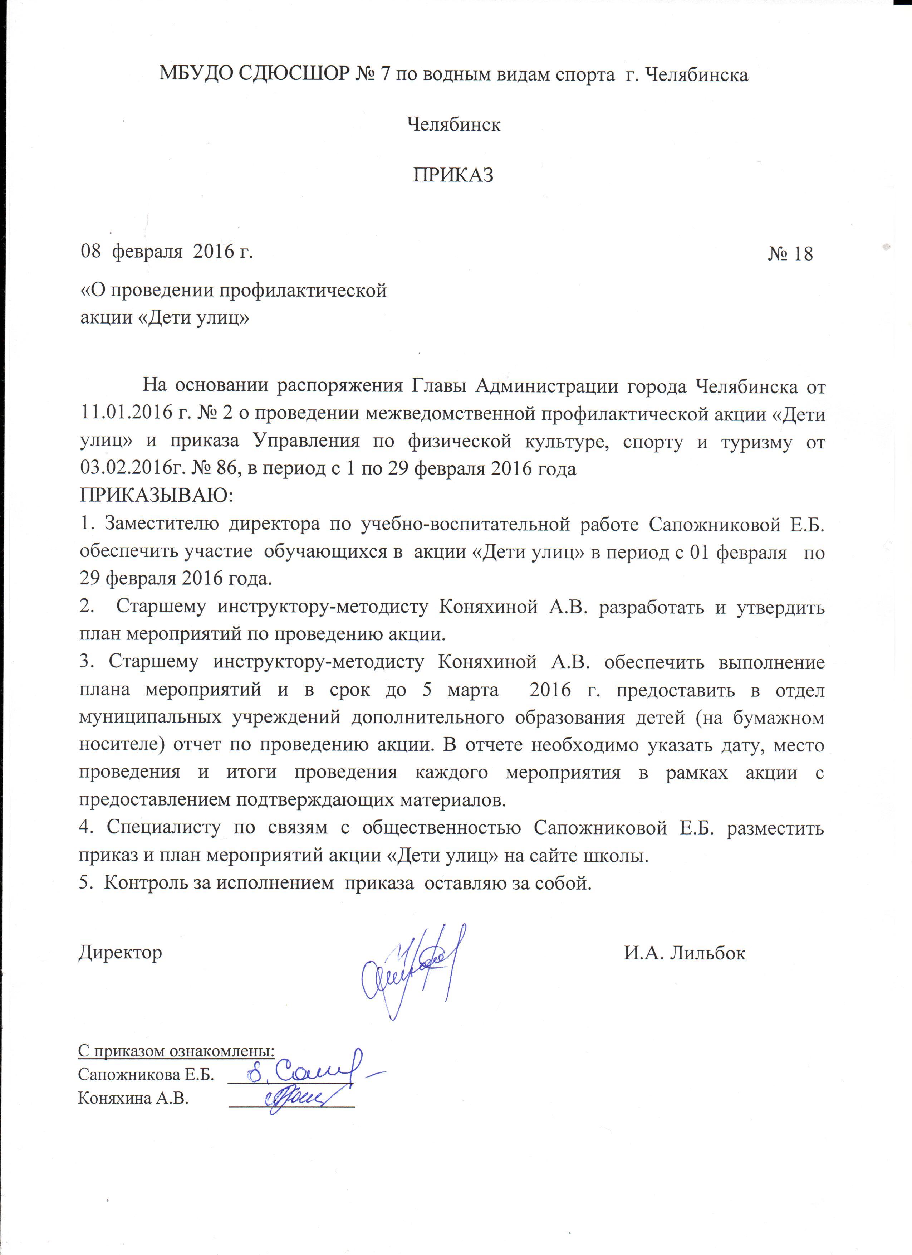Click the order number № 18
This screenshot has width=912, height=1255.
(x=790, y=253)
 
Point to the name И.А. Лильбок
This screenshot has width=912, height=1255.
(x=685, y=953)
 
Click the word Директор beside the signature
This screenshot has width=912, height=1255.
(x=120, y=953)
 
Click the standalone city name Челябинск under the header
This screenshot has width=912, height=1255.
(x=453, y=125)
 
